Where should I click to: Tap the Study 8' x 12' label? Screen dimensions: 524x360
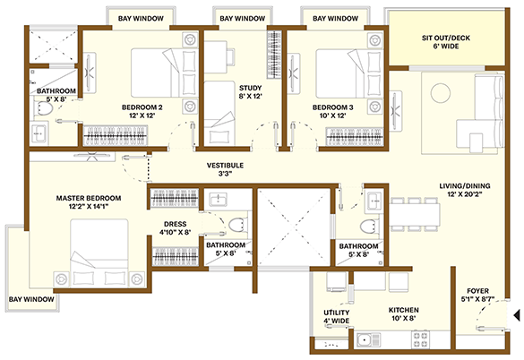pos(250,92)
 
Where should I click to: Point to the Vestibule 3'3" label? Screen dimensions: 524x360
pos(225,169)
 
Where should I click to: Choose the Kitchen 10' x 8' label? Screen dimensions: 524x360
pos(404,314)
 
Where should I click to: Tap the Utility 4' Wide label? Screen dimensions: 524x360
pos(337,316)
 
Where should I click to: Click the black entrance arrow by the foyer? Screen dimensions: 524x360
pos(517,315)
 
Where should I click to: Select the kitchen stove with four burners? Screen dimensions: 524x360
pos(420,339)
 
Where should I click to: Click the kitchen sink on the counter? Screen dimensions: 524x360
pos(368,340)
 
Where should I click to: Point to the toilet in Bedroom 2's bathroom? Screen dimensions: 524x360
pos(43,108)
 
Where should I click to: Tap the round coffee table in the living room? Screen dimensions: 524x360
pos(441,93)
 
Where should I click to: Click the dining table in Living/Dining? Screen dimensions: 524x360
pos(415,214)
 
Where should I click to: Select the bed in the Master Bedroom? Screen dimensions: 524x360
pos(99,253)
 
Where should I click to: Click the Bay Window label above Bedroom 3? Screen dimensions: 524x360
pos(335,19)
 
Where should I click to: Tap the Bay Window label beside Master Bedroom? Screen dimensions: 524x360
pos(31,299)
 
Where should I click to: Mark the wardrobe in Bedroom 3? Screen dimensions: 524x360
pos(354,137)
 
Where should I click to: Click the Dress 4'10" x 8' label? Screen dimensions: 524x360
pos(175,228)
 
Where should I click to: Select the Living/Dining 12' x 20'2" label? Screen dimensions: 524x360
pos(465,190)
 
